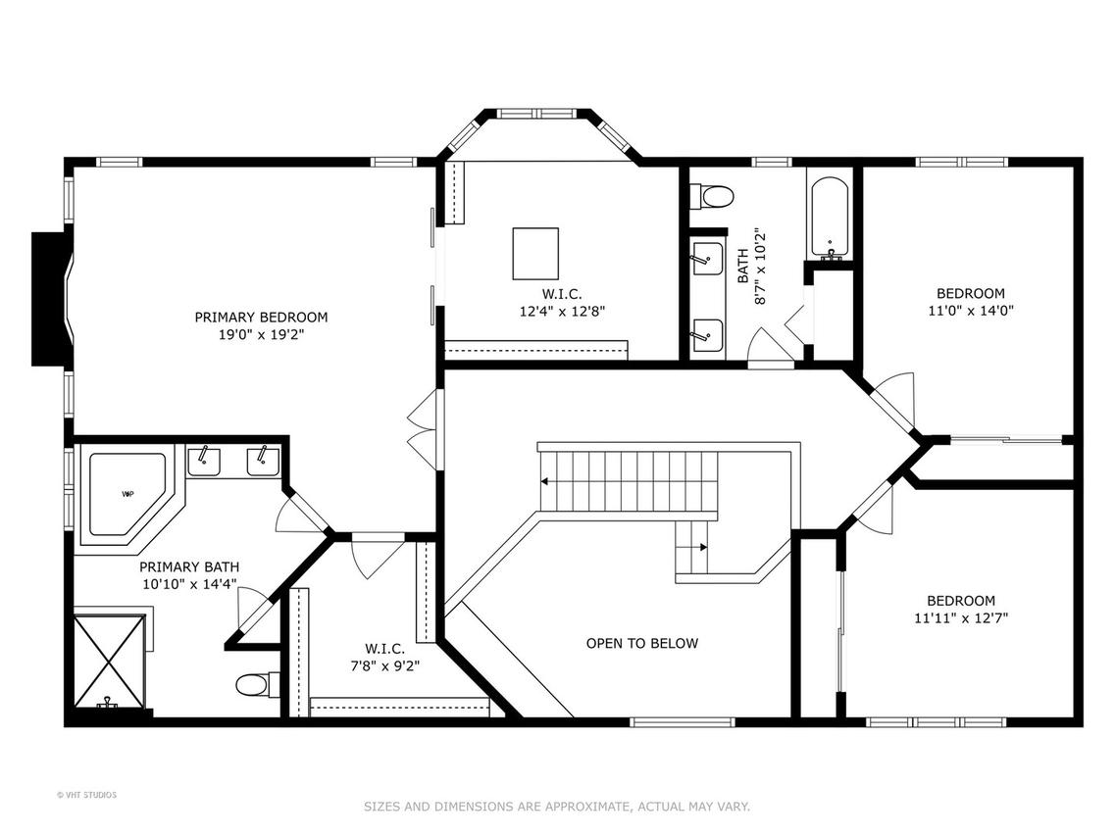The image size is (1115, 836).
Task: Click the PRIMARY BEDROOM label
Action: point(261,318)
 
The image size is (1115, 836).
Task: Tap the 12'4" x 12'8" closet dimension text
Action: point(562,311)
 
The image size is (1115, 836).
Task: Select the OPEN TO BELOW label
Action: point(642,643)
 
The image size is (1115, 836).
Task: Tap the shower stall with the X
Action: point(110,662)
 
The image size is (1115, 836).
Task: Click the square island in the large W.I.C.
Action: point(535,254)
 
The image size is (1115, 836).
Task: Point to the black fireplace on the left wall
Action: point(48,299)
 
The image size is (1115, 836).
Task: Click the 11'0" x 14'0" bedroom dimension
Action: point(971,311)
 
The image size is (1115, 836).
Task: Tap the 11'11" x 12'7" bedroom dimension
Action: point(961,618)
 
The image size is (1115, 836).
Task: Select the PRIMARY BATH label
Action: point(189,567)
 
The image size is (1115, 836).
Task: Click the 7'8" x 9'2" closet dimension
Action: point(384,666)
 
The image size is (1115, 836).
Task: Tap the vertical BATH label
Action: point(742,266)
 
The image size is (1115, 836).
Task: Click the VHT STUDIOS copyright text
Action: point(86,795)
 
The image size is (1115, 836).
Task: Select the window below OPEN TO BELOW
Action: point(682,722)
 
